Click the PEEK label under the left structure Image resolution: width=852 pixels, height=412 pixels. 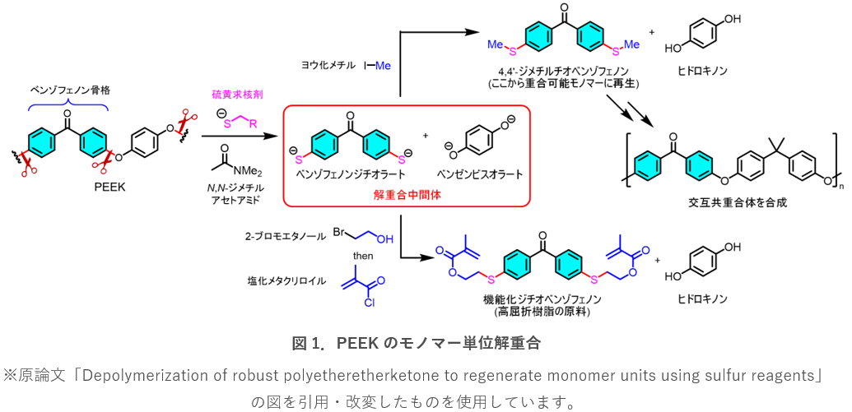109,187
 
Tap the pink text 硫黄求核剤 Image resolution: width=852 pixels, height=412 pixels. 239,96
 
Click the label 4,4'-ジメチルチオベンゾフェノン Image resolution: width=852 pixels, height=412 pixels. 562,71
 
